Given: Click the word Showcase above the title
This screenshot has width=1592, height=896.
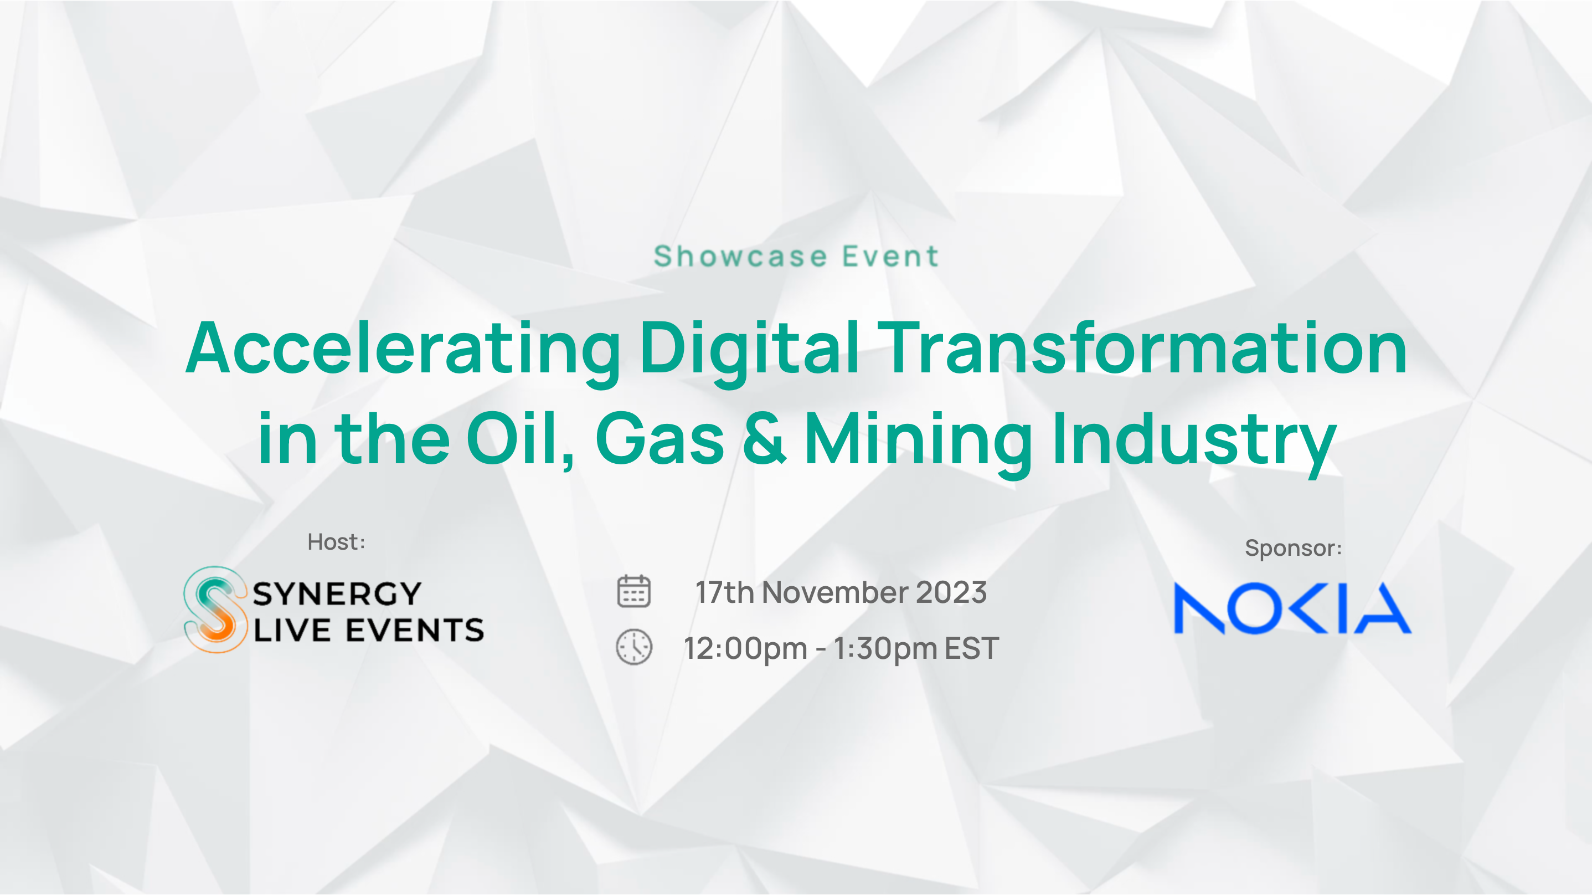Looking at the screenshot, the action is pyautogui.click(x=740, y=256).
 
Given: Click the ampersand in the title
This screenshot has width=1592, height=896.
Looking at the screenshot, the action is pyautogui.click(x=765, y=438).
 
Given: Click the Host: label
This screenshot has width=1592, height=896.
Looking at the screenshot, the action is pyautogui.click(x=336, y=542).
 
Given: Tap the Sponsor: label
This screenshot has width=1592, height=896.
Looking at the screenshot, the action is pyautogui.click(x=1294, y=549).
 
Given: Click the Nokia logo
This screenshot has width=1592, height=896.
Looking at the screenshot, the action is pyautogui.click(x=1292, y=608).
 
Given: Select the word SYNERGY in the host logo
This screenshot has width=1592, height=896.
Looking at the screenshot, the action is pyautogui.click(x=337, y=594).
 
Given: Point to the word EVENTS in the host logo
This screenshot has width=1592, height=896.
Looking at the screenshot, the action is pyautogui.click(x=415, y=630).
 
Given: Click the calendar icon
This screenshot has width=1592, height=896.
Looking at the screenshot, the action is pyautogui.click(x=634, y=591).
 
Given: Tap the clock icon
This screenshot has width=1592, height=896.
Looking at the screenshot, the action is pyautogui.click(x=634, y=647).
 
